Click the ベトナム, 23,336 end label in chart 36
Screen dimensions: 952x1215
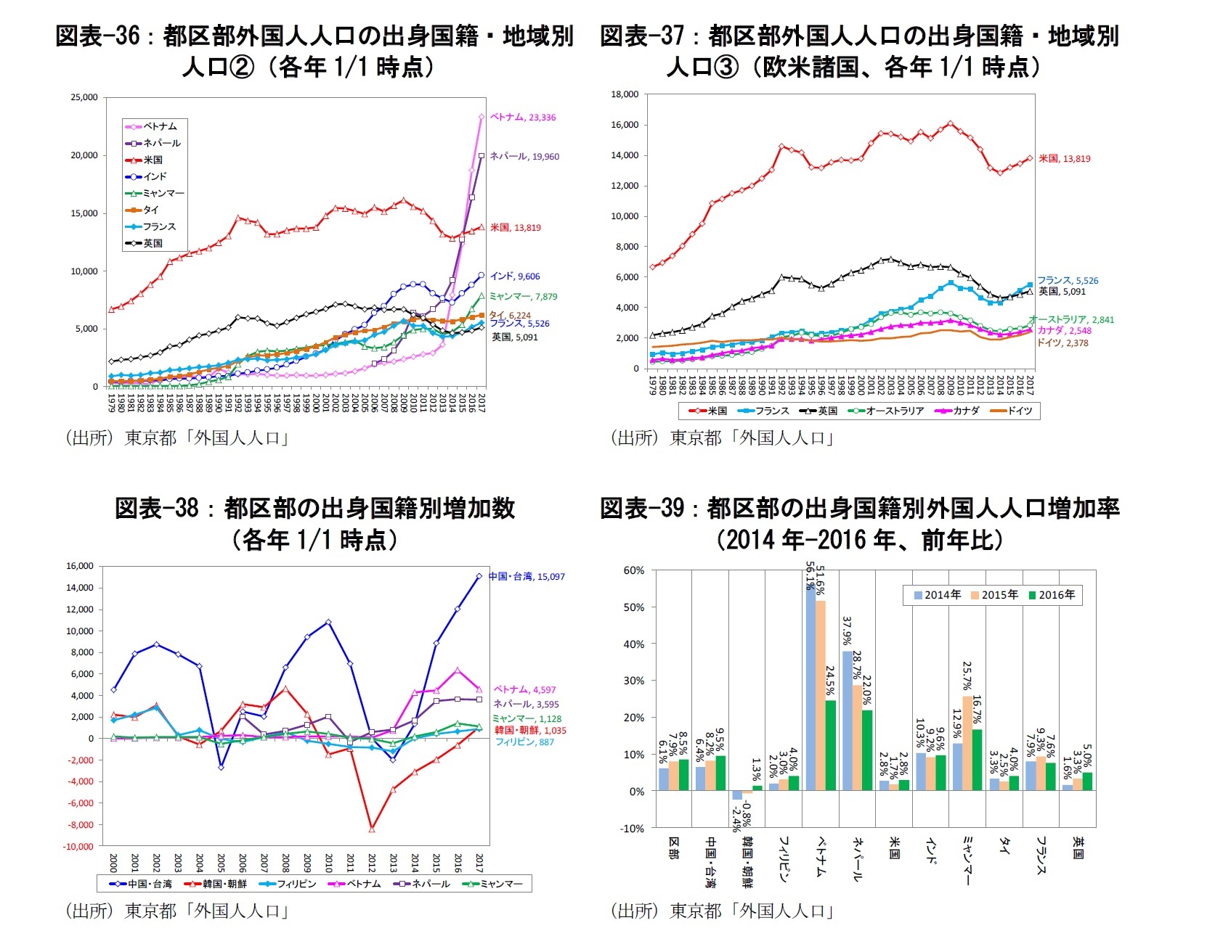pyautogui.click(x=523, y=118)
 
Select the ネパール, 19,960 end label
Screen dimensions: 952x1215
pyautogui.click(x=524, y=157)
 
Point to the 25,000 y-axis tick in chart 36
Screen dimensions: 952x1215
pyautogui.click(x=84, y=97)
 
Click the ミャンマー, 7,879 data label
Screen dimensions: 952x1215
pyautogui.click(x=523, y=297)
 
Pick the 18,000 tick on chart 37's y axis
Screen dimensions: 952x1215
pyautogui.click(x=625, y=94)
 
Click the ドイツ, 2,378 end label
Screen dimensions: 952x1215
pyautogui.click(x=1062, y=343)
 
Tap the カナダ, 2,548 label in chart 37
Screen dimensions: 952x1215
pyautogui.click(x=1064, y=331)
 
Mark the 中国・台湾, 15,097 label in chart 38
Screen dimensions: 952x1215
pyautogui.click(x=527, y=577)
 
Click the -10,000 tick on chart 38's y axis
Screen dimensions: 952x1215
pyautogui.click(x=78, y=847)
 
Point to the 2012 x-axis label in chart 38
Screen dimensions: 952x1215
pyautogui.click(x=372, y=863)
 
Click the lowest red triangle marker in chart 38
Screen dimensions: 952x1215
pyautogui.click(x=372, y=829)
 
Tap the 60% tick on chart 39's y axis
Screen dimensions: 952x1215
pyautogui.click(x=634, y=570)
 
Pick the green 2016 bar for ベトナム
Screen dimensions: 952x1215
pyautogui.click(x=831, y=745)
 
